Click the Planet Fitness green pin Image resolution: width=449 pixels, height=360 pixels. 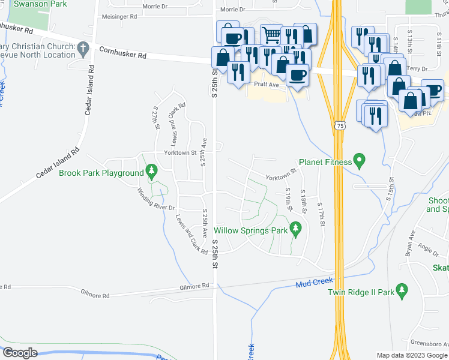(360, 161)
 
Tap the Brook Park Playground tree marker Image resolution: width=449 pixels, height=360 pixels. (152, 173)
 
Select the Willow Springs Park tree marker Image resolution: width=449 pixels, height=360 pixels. (295, 229)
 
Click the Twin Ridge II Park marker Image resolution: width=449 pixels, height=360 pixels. (403, 292)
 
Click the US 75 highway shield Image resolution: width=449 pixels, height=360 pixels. (340, 125)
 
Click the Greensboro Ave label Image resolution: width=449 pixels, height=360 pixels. (429, 344)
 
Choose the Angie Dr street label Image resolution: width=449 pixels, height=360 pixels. (429, 249)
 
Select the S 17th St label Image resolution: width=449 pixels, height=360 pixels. (322, 214)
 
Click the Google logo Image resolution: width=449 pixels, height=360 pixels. (20, 353)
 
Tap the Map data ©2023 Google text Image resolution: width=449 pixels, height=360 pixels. (411, 355)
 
